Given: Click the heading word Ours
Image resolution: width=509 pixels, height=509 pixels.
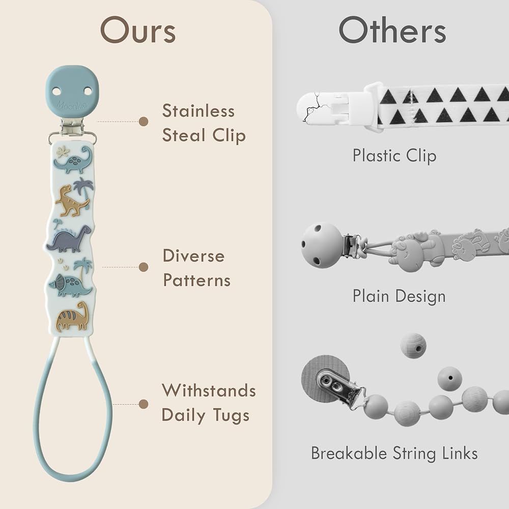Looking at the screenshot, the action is pos(138,30).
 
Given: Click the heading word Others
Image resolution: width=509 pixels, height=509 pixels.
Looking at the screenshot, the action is pos(392,30).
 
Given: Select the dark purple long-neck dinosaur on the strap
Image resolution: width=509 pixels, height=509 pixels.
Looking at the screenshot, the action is pos(69,239).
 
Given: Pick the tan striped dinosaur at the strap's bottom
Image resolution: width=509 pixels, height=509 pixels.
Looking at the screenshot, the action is pos(72,317).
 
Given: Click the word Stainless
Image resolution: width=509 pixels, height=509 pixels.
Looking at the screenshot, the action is pos(199,110).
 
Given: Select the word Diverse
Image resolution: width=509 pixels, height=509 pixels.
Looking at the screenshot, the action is pos(193,256).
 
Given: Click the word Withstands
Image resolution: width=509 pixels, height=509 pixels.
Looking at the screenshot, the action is pos(209,390).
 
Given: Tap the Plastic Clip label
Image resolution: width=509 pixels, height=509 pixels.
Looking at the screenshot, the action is pos(394,156).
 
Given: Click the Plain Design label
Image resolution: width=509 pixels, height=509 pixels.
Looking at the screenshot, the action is pos(399,297).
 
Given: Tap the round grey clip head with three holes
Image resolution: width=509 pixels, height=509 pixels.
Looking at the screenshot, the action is pos(321,245).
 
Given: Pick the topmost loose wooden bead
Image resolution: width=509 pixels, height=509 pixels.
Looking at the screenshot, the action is pos(413,346).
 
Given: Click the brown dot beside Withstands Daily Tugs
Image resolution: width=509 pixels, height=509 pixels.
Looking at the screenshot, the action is pos(144,404).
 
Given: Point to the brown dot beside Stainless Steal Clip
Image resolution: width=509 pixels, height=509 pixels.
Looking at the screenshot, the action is pos(144,122).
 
